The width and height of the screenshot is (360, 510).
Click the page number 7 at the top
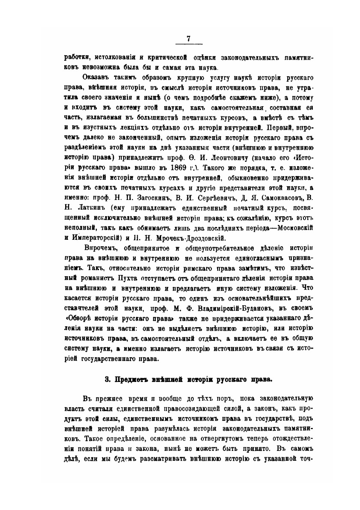[x=189, y=39]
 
